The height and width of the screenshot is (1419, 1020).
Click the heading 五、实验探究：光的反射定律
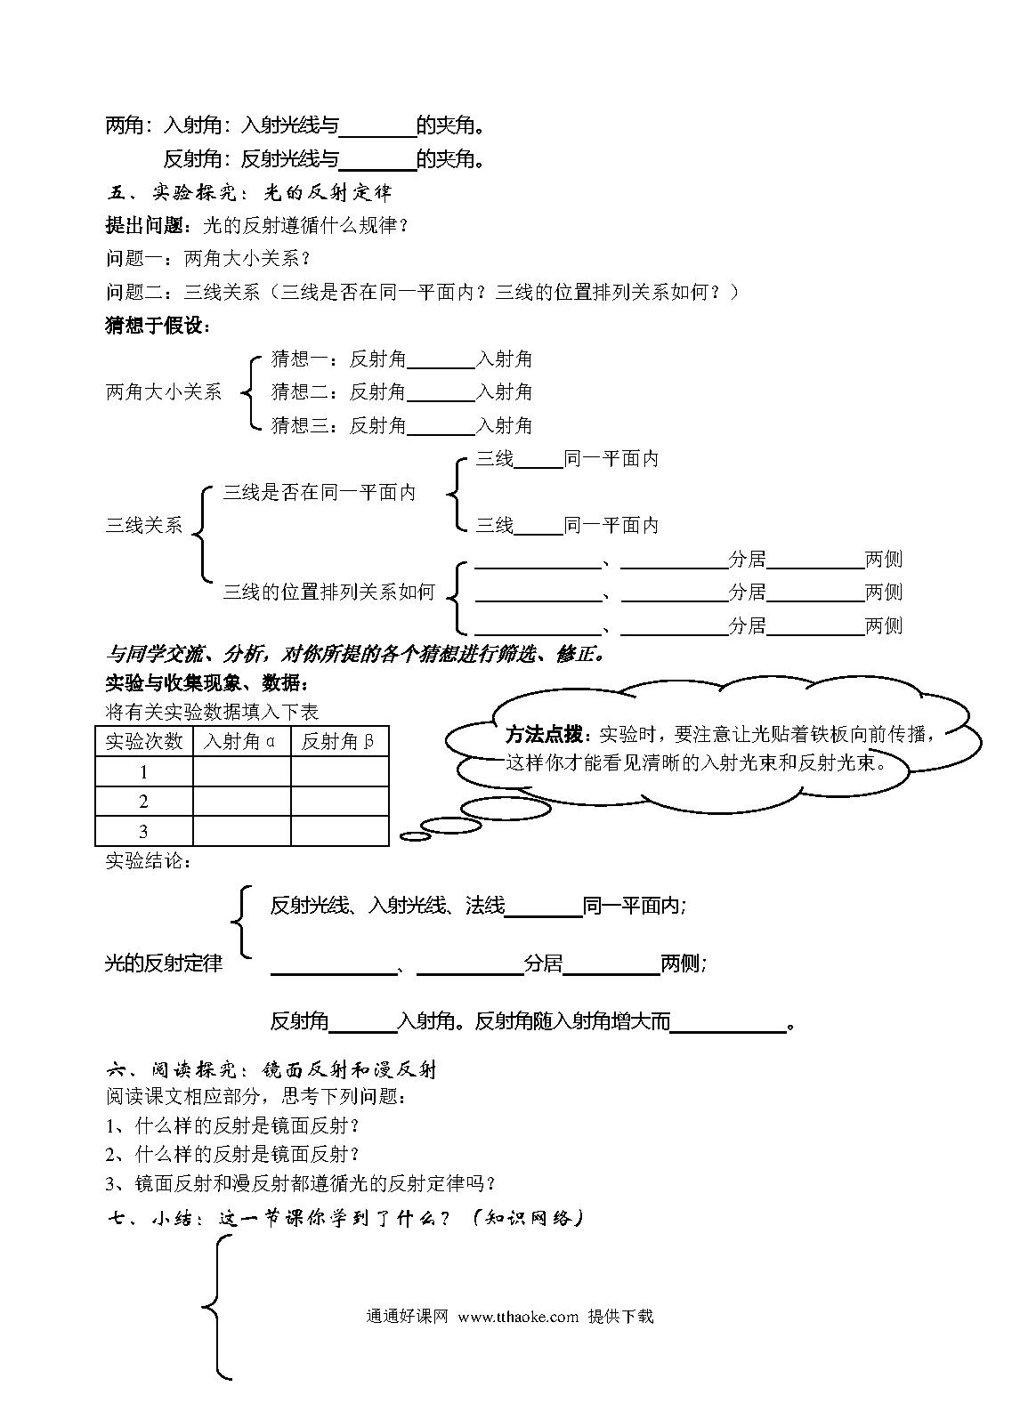(248, 192)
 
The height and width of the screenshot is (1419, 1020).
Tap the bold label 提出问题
(144, 225)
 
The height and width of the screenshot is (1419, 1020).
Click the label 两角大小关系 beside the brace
(164, 392)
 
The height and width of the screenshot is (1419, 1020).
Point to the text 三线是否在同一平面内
(319, 492)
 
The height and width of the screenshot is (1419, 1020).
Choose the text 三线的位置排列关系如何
(328, 592)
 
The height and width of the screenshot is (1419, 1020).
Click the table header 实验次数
(144, 741)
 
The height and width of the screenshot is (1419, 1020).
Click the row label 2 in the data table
(143, 802)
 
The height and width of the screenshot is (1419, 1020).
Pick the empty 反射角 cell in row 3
(340, 831)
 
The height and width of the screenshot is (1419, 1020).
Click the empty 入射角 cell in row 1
(241, 771)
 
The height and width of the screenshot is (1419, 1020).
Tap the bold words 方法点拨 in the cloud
(544, 734)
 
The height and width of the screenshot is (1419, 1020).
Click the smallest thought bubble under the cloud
(416, 837)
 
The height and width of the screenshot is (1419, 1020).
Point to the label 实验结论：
(149, 861)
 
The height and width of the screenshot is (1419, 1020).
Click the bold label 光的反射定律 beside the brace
(164, 963)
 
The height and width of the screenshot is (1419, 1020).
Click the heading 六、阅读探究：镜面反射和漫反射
(271, 1070)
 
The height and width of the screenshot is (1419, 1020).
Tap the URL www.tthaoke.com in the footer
(518, 1317)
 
